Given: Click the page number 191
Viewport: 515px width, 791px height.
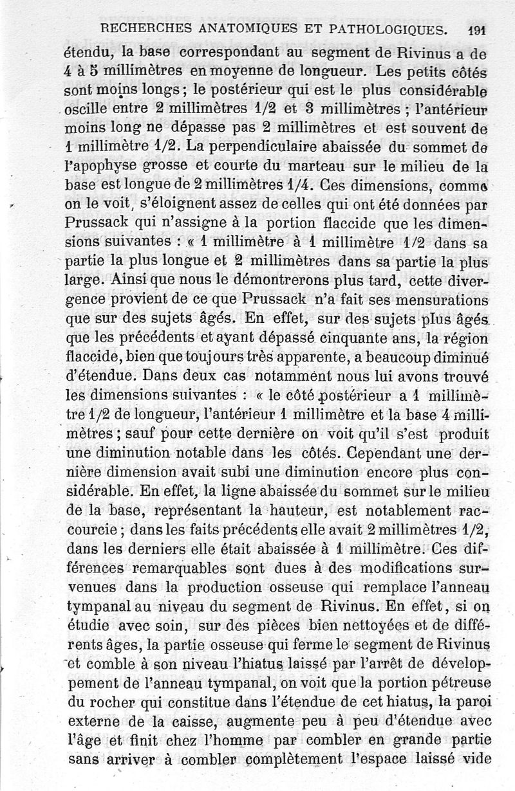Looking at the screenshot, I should [x=477, y=30].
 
